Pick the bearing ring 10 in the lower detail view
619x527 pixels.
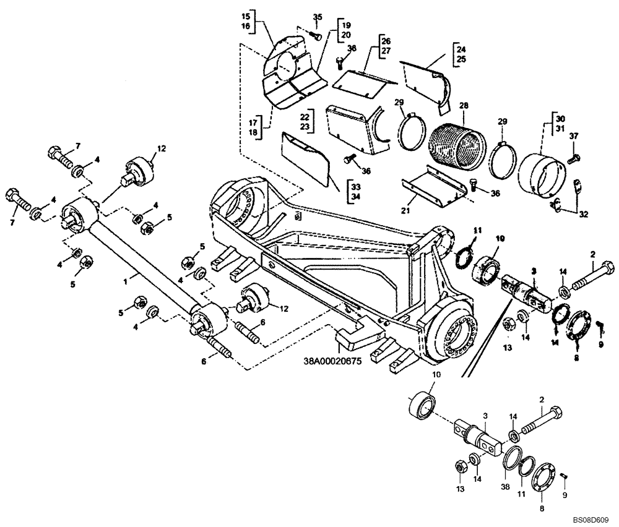click(x=422, y=406)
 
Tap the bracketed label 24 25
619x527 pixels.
click(x=460, y=54)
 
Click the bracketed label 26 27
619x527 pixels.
click(x=386, y=46)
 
